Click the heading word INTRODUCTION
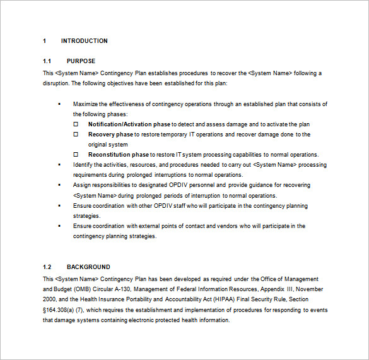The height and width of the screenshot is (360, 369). click(84, 41)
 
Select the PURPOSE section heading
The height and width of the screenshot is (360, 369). click(81, 61)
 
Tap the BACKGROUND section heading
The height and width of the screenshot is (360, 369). click(88, 267)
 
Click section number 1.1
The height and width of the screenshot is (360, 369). click(47, 61)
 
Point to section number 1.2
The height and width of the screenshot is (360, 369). click(47, 267)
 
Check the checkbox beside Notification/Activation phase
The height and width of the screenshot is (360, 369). click(76, 124)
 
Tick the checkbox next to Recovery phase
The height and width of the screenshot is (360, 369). click(76, 135)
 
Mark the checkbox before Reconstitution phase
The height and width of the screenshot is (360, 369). click(76, 155)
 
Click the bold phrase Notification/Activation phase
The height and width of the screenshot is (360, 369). click(129, 124)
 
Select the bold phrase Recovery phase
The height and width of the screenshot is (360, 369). click(110, 135)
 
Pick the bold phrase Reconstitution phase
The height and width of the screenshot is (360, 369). click(119, 155)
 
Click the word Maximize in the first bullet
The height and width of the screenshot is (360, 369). click(86, 104)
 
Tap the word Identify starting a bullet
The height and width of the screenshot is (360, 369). click(84, 165)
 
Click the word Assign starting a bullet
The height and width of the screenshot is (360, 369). click(82, 185)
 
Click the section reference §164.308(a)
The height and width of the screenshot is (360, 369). click(61, 310)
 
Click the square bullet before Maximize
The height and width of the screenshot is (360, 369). click(59, 104)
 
